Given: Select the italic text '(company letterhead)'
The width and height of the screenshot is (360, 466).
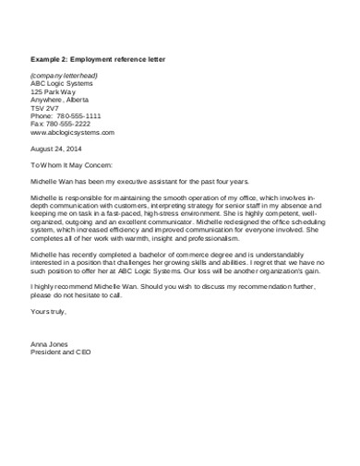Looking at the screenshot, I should (64, 75).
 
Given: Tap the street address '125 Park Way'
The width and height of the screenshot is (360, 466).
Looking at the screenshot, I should (54, 91).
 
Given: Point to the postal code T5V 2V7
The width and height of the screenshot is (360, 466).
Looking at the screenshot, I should (44, 108).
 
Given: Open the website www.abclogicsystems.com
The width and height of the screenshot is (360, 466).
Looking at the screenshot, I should (72, 133).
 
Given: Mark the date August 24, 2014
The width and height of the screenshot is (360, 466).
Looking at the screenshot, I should (56, 149).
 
